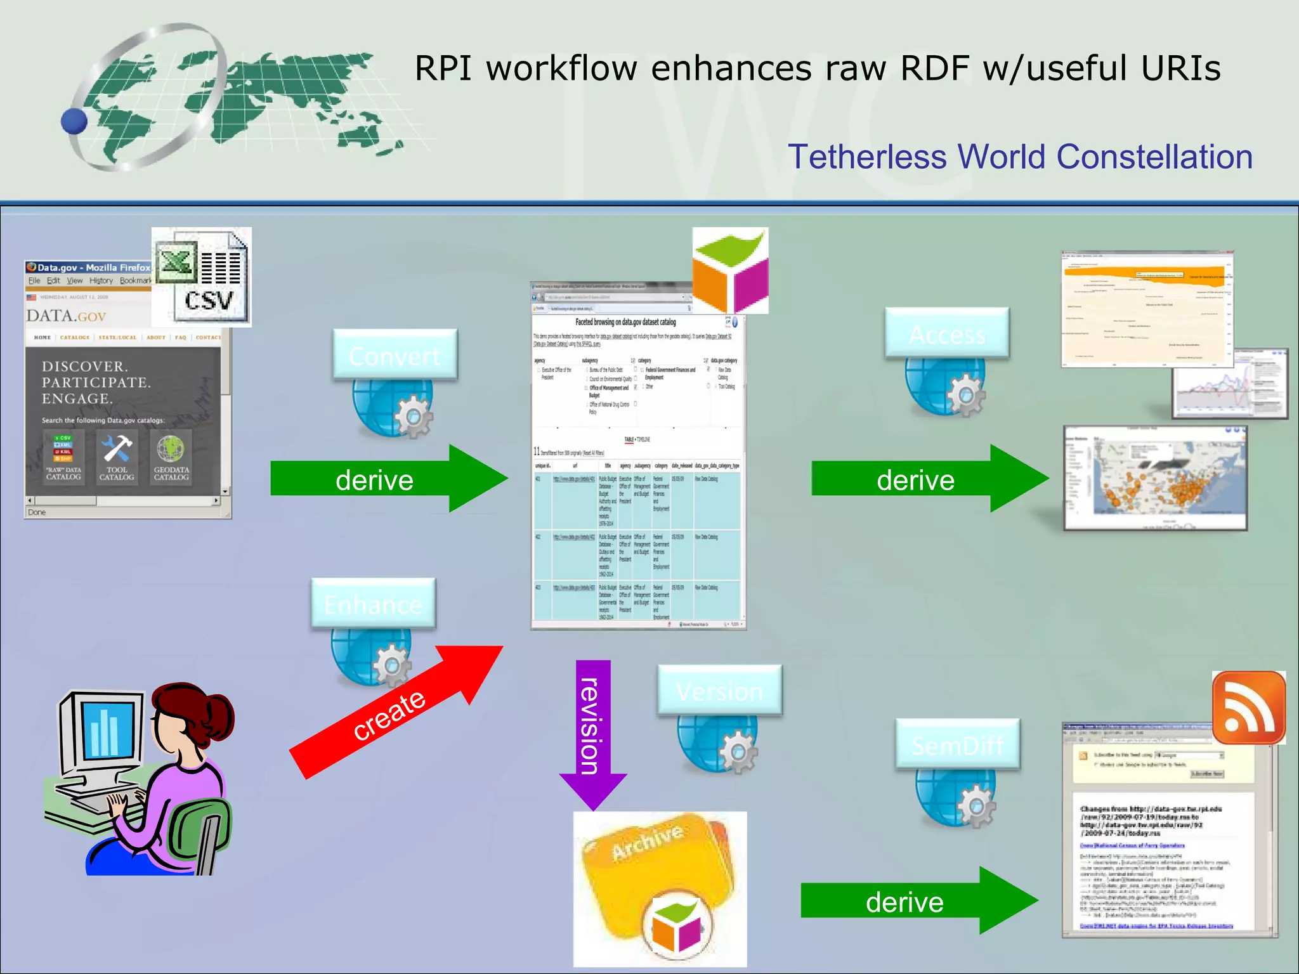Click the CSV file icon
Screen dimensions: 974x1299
point(202,277)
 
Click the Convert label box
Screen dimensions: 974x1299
point(395,355)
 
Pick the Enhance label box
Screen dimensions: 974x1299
point(373,604)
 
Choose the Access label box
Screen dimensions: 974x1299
point(946,334)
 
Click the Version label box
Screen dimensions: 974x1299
point(719,691)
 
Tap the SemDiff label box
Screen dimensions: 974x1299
point(957,744)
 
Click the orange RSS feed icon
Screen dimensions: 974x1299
point(1248,707)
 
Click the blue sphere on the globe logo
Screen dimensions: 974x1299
point(74,121)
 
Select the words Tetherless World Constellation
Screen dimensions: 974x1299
point(1020,157)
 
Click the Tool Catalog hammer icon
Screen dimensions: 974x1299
point(117,449)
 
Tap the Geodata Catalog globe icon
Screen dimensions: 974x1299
point(171,449)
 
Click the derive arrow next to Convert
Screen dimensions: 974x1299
point(387,479)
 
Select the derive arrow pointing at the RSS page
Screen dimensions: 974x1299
point(917,901)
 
